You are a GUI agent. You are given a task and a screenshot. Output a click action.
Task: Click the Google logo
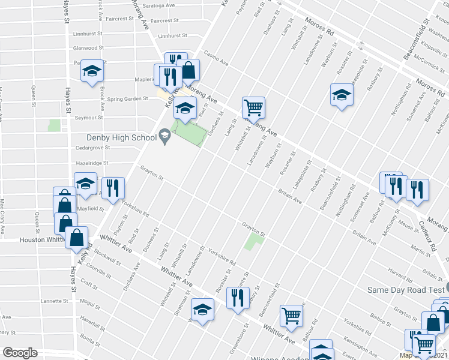(20, 353)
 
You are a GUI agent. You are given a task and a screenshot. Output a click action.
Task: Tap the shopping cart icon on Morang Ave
(253, 108)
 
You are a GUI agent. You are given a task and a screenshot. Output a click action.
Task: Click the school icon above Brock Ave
(92, 71)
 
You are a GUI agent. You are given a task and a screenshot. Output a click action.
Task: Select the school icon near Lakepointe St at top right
(342, 95)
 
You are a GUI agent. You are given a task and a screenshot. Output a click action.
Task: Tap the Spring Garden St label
(128, 98)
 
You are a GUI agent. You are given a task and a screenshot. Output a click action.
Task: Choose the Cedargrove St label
(91, 148)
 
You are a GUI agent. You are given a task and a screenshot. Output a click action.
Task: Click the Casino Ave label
(215, 58)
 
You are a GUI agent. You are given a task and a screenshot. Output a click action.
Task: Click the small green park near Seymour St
(55, 125)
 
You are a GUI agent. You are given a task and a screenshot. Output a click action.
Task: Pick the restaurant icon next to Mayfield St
(112, 188)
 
